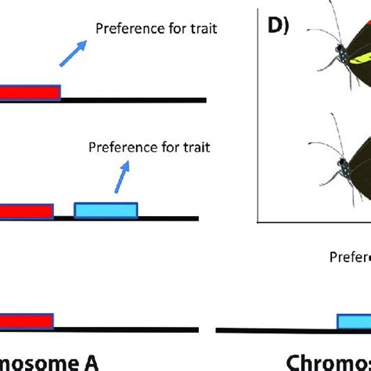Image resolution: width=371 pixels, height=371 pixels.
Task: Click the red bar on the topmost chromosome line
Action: point(30,92)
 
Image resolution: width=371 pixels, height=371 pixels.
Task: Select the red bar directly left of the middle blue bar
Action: point(26,211)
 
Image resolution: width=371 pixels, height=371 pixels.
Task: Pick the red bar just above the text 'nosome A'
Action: point(26,322)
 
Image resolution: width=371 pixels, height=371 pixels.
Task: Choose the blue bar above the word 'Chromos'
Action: point(354,322)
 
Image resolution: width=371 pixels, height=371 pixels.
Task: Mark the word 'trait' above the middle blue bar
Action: point(195,146)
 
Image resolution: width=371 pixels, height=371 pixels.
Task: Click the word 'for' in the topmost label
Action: point(168,30)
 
